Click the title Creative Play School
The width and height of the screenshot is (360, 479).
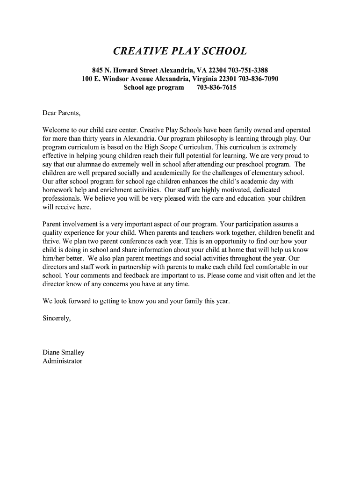tap(180, 51)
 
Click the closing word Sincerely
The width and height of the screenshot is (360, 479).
tap(57, 319)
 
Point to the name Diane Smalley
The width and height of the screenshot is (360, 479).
tap(64, 353)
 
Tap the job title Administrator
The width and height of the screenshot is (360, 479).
tap(63, 361)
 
